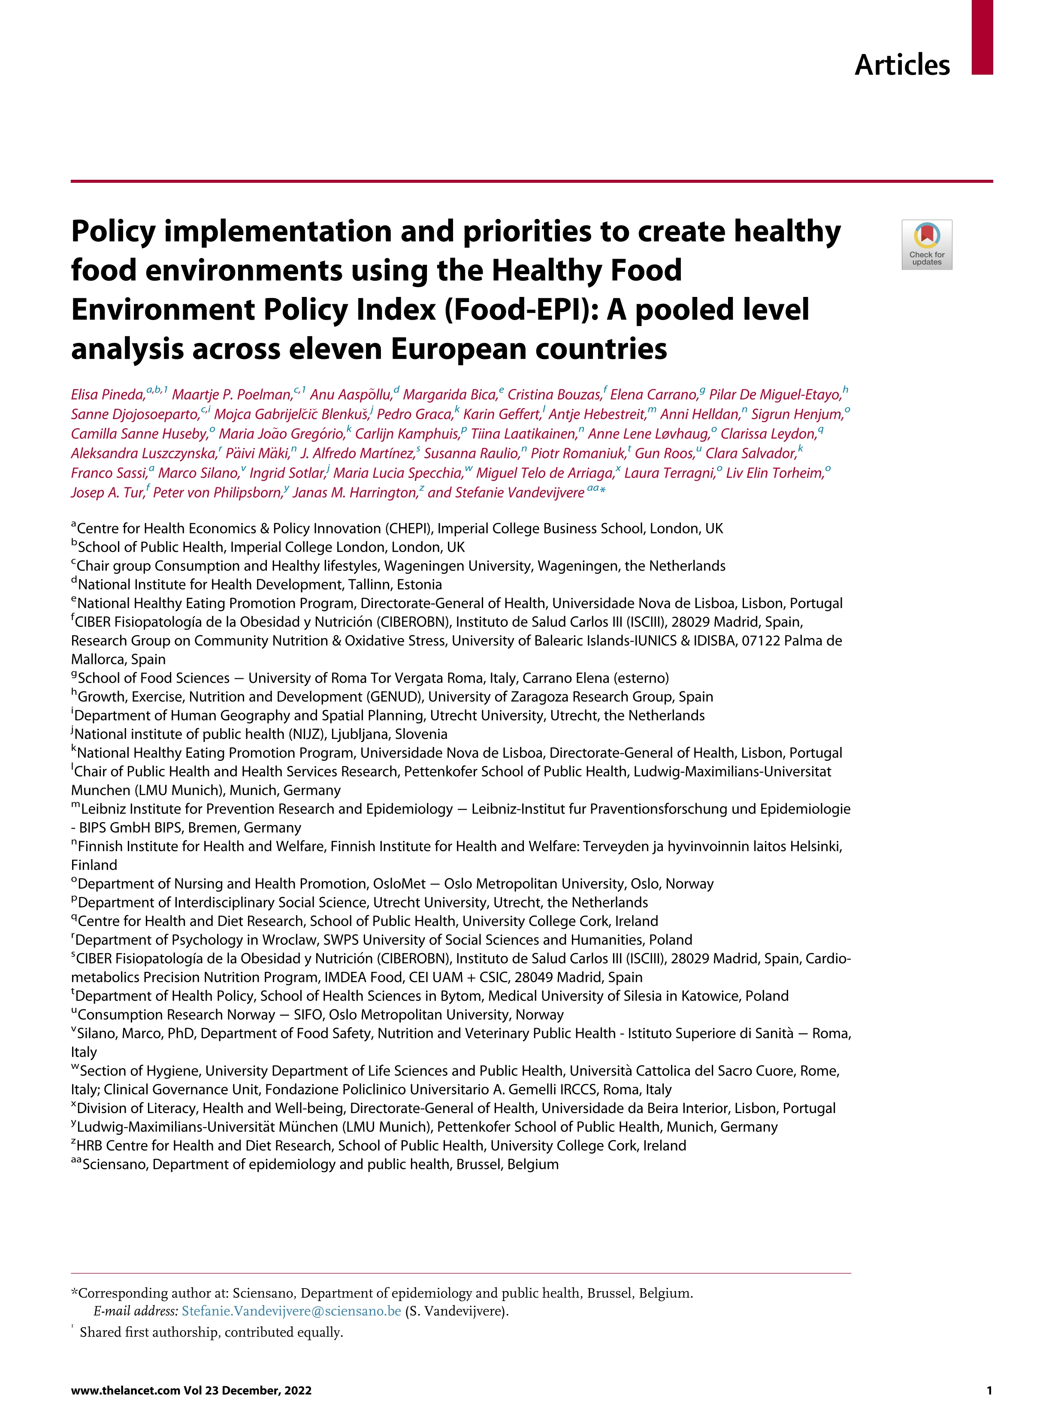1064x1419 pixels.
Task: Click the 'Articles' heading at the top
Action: pyautogui.click(x=902, y=65)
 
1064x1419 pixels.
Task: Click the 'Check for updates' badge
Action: pyautogui.click(x=926, y=245)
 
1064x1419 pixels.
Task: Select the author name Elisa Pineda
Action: pyautogui.click(x=108, y=394)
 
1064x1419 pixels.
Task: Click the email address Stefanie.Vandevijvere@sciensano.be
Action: pyautogui.click(x=291, y=1310)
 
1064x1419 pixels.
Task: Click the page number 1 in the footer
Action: pyautogui.click(x=989, y=1390)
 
